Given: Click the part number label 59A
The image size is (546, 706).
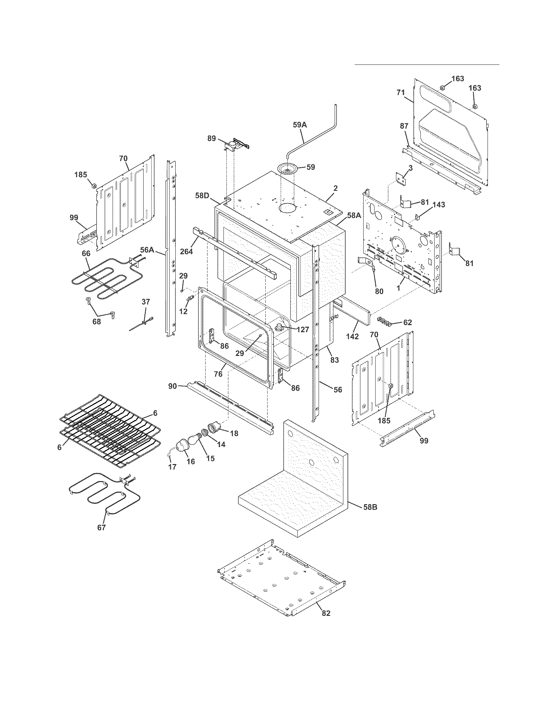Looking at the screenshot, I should (300, 125).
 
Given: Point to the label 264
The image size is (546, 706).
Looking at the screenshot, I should (186, 251).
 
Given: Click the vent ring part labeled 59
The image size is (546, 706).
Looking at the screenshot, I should (287, 169).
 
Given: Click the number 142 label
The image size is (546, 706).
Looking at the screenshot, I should (352, 337).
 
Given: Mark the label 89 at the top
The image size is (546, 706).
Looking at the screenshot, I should (212, 138).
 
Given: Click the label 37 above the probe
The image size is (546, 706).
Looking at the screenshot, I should (146, 302).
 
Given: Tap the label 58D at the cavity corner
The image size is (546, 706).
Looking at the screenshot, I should (202, 195).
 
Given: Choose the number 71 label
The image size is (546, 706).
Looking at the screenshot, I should (401, 92).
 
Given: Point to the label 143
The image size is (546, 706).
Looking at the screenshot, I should (439, 205).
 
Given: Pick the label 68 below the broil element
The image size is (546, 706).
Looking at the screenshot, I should (96, 322).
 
